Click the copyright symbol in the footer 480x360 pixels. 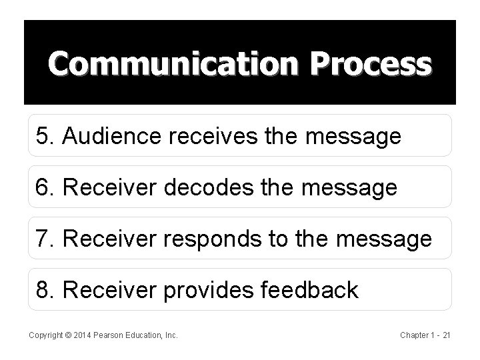tap(65, 335)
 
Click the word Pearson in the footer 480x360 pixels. tap(107, 335)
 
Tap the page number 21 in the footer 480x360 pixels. tap(446, 335)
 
